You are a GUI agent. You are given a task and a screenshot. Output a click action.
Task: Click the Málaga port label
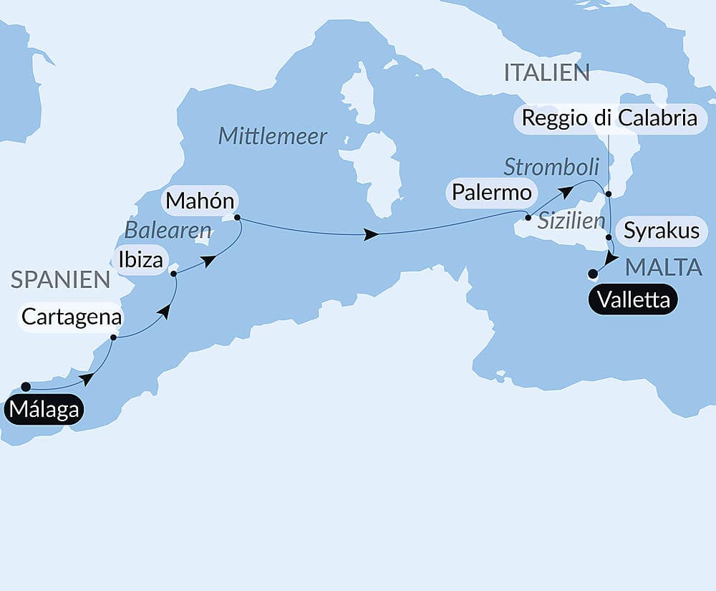(x=44, y=411)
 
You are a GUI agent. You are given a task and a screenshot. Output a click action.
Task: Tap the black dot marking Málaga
(x=26, y=387)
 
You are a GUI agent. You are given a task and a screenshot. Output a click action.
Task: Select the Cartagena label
(x=71, y=317)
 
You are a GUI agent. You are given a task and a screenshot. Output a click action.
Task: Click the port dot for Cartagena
(x=114, y=337)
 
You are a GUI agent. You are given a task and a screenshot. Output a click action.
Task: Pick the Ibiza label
(x=140, y=259)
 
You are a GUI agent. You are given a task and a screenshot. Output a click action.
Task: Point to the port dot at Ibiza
(x=174, y=274)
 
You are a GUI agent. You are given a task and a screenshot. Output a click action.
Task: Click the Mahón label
(x=200, y=201)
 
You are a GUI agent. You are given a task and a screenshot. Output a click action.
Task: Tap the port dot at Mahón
(x=237, y=218)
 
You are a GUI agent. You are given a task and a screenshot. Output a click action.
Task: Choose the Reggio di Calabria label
(x=607, y=117)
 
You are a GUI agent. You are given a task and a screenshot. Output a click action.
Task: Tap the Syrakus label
(x=662, y=231)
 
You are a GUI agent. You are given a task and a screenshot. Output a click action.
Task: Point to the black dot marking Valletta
(x=592, y=273)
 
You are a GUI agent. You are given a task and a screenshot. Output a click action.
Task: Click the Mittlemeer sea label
(x=273, y=136)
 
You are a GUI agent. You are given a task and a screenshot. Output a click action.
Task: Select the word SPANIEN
(x=60, y=280)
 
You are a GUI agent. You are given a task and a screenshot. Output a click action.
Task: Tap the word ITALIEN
(x=546, y=72)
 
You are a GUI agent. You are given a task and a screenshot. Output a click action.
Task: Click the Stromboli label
(x=551, y=168)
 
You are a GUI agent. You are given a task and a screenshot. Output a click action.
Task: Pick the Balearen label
(x=168, y=231)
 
